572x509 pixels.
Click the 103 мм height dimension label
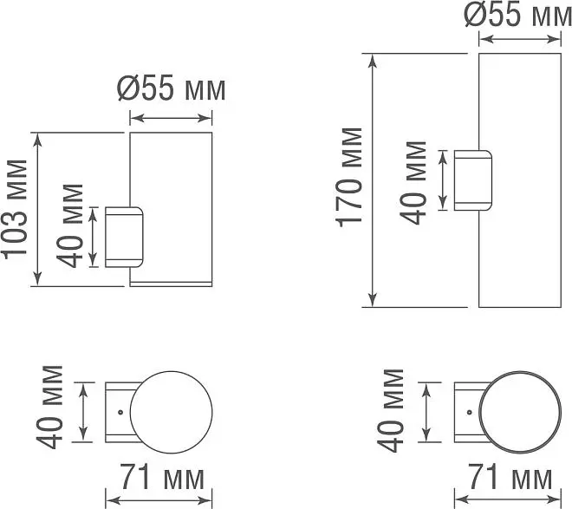(15, 209)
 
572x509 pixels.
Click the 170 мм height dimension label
(349, 178)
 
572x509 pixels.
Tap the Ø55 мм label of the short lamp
(171, 89)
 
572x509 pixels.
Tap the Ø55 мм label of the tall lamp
(518, 16)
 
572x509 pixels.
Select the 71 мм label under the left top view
(162, 477)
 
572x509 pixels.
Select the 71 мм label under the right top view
(510, 477)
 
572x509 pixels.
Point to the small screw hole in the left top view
(120, 412)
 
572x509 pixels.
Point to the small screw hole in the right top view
(470, 412)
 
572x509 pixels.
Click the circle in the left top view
(171, 372)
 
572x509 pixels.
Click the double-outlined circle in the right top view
(520, 372)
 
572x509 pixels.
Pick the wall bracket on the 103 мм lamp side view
(124, 238)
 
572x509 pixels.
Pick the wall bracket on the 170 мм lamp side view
(473, 180)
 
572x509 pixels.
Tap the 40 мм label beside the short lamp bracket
(69, 226)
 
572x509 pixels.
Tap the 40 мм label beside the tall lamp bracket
(413, 182)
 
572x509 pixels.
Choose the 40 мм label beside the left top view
(49, 407)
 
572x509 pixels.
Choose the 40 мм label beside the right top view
(390, 410)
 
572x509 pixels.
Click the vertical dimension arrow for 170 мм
(372, 180)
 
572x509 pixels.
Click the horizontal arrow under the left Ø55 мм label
(171, 118)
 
